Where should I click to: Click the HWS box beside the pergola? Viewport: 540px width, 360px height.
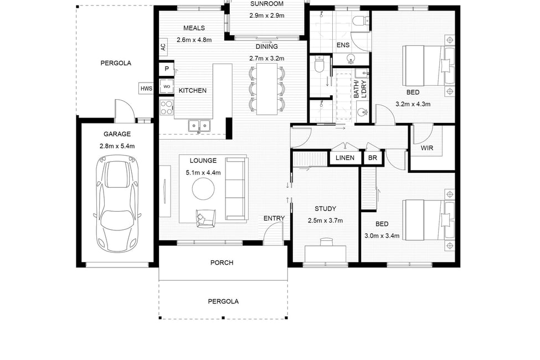[x=146, y=89]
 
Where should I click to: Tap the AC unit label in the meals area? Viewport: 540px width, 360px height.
[x=163, y=47]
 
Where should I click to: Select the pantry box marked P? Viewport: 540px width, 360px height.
[x=167, y=69]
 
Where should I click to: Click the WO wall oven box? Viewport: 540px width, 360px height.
[x=167, y=86]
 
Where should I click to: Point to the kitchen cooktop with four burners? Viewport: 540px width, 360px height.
[x=167, y=107]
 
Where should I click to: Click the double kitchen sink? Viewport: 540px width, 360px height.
[x=199, y=125]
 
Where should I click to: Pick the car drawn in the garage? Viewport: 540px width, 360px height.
[x=117, y=204]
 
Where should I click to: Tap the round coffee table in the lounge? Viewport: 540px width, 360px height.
[x=203, y=188]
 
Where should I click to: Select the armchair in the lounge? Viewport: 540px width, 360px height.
[x=205, y=218]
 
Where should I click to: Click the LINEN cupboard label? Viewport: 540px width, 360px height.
[x=344, y=158]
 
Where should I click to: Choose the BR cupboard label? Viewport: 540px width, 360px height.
[x=373, y=158]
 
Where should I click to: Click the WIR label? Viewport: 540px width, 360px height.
[x=426, y=148]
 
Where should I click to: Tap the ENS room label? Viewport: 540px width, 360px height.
[x=343, y=45]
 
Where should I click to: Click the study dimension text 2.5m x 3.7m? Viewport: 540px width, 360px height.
[x=325, y=220]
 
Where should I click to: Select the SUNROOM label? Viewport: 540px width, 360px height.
[x=267, y=4]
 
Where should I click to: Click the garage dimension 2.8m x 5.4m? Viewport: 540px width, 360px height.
[x=117, y=146]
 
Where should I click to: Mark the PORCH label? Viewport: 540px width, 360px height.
[x=222, y=263]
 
